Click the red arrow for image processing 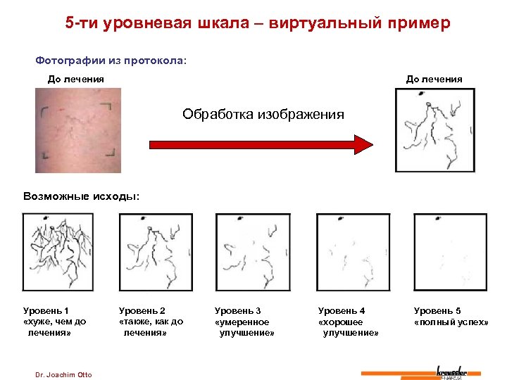tap(261, 144)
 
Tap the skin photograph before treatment tap(78, 130)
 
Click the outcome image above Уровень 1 tap(58, 252)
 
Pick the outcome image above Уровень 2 tap(156, 252)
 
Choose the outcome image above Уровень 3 tap(252, 252)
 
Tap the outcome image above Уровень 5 tap(450, 252)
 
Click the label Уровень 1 tap(46, 310)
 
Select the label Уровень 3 tap(238, 310)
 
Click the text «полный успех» tap(451, 322)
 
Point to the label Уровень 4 tap(342, 310)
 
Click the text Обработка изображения tap(263, 114)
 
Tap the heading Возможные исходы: tap(82, 196)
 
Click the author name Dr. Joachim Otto tap(63, 374)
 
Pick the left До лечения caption tap(76, 79)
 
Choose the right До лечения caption tap(434, 79)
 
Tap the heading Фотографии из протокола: tap(111, 61)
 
